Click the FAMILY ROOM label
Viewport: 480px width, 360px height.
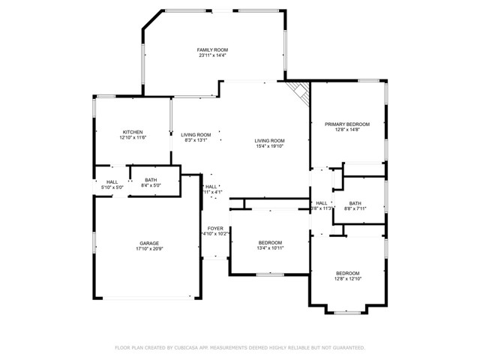212,49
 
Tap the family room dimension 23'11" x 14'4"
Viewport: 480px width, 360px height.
212,55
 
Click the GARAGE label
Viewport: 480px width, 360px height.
148,244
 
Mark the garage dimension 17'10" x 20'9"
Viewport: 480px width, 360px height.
148,250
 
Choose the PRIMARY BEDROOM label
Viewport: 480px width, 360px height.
347,124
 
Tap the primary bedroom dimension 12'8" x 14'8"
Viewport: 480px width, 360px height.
347,130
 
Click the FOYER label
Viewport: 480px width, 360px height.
215,228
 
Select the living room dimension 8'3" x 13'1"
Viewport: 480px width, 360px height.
196,140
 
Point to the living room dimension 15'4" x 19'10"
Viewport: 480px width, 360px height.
269,147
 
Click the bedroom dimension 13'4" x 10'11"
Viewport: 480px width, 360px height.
270,249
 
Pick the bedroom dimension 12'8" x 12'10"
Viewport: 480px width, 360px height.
347,279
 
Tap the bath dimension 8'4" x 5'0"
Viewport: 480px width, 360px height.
151,186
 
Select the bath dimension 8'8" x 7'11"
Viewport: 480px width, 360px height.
355,209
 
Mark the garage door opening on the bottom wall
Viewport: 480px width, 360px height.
148,299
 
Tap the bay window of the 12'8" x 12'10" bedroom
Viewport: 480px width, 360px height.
346,312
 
